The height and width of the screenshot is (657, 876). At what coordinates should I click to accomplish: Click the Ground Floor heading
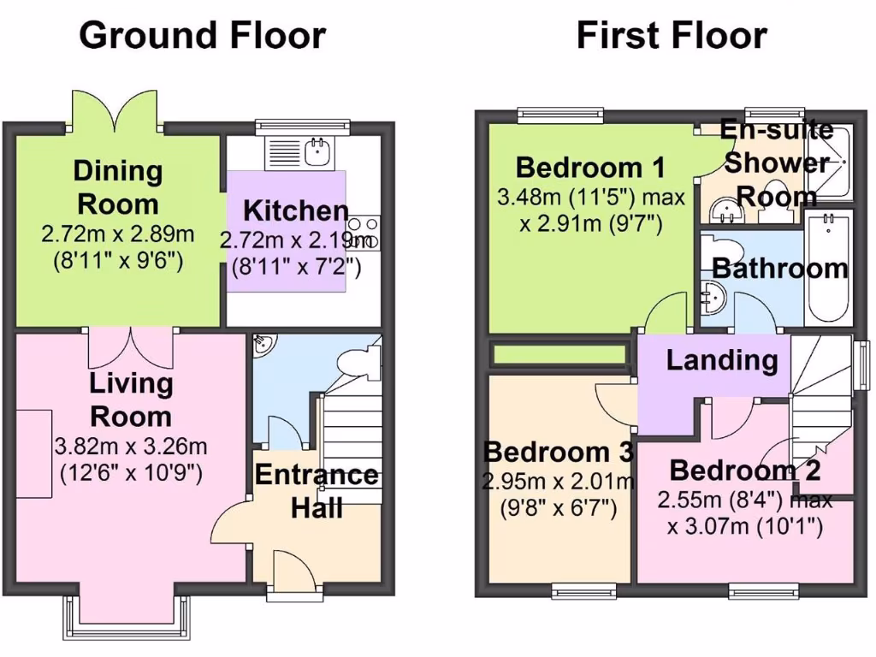click(x=203, y=36)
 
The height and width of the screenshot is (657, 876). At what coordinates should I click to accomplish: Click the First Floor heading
click(x=672, y=36)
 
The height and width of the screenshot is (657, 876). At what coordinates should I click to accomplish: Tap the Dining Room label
click(x=117, y=187)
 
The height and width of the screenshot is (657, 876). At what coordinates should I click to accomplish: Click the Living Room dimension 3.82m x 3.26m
click(x=131, y=447)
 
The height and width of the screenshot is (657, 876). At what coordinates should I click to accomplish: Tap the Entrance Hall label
click(x=317, y=491)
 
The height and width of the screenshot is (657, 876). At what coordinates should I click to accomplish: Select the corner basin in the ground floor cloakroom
click(x=263, y=345)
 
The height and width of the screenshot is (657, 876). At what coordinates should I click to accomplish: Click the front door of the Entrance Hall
click(x=291, y=569)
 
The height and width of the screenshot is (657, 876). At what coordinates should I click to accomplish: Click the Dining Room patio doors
click(x=115, y=109)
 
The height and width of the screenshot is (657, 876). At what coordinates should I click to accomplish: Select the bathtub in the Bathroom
click(x=827, y=267)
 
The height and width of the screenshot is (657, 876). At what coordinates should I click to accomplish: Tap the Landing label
click(x=722, y=360)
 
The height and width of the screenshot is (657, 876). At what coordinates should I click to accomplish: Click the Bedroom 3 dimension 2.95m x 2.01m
click(x=558, y=482)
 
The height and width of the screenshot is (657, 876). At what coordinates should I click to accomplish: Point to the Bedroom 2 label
click(x=744, y=471)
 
